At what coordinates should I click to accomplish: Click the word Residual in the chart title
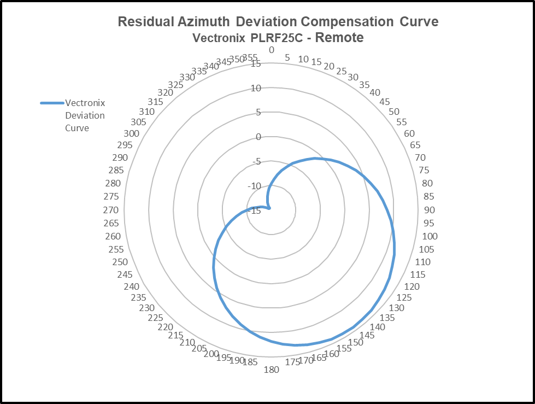coord(143,22)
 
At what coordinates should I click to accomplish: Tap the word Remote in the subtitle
coord(339,38)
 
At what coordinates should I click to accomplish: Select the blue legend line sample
coord(52,103)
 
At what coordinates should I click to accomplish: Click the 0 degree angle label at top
coord(272,50)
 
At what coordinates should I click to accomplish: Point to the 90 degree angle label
coord(429,210)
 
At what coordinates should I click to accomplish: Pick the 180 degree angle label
coord(272,370)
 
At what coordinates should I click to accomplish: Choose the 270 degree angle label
coord(111,210)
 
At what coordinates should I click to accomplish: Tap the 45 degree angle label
coord(385,102)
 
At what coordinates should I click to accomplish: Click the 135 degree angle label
coord(387,318)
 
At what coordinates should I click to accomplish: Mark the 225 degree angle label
coord(156,318)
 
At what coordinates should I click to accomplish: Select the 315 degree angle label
coord(155,102)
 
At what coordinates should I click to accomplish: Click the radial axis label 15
coord(256,64)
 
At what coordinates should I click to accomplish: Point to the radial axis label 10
coord(256,88)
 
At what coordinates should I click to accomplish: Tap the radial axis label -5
coord(255,161)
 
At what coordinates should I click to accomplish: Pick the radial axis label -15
coord(255,210)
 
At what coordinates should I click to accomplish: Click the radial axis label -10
coord(255,186)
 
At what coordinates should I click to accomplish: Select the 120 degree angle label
coord(411,286)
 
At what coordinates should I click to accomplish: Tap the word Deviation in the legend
coord(85,115)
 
